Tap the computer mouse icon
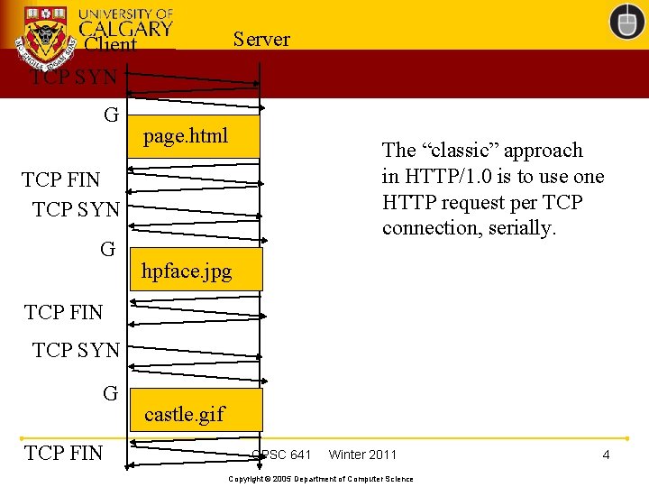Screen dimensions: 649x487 pyautogui.click(x=626, y=22)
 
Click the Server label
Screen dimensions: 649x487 pyautogui.click(x=261, y=39)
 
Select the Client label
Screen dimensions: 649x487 pyautogui.click(x=110, y=45)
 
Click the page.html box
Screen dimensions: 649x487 pyautogui.click(x=195, y=136)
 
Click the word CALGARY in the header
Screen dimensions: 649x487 pyautogui.click(x=125, y=28)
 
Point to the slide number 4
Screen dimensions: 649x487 pyautogui.click(x=606, y=455)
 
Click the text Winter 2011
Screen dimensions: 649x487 pyautogui.click(x=362, y=455)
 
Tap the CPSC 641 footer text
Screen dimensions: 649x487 pyautogui.click(x=282, y=455)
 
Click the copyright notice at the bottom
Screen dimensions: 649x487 pyautogui.click(x=321, y=479)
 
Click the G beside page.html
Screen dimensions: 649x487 pyautogui.click(x=112, y=115)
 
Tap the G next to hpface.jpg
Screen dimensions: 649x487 pyautogui.click(x=108, y=249)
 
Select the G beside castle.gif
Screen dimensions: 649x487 pyautogui.click(x=111, y=393)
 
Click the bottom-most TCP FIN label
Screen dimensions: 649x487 pyautogui.click(x=64, y=453)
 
